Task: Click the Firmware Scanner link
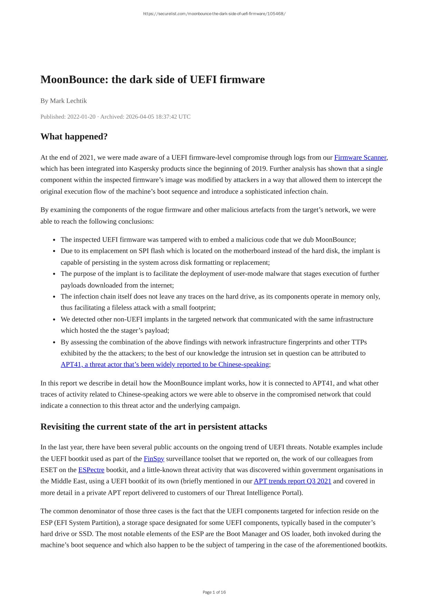coord(360,158)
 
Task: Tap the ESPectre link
coord(91,470)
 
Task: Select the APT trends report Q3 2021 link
coord(292,481)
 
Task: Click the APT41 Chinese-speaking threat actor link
coord(165,365)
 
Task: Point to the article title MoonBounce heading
coord(152,80)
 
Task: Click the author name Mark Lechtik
coord(68,101)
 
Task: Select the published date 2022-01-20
coord(81,117)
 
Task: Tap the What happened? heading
coord(74,137)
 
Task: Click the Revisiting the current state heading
coord(154,427)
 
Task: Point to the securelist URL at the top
coord(214,14)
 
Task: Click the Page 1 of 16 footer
coord(214,592)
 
